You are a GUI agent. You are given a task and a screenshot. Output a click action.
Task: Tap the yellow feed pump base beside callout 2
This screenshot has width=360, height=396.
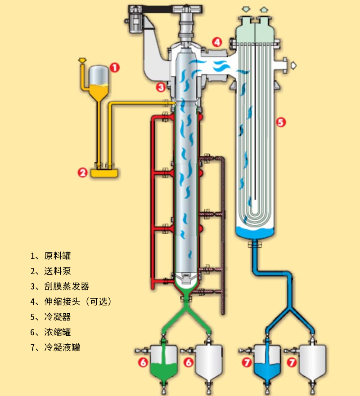pyautogui.click(x=105, y=172)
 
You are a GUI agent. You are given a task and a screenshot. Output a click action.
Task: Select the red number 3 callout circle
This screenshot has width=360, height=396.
pyautogui.click(x=161, y=87)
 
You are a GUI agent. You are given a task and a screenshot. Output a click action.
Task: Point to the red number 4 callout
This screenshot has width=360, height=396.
pyautogui.click(x=217, y=42)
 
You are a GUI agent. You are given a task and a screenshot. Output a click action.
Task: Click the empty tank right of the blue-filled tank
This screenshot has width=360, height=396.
pyautogui.click(x=311, y=362)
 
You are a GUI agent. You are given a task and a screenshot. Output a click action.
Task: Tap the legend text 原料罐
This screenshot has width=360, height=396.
pyautogui.click(x=58, y=256)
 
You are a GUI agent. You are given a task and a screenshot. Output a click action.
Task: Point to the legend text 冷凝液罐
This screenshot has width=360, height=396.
pyautogui.click(x=62, y=347)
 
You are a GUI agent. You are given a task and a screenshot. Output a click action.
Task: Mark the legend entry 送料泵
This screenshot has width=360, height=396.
pyautogui.click(x=58, y=271)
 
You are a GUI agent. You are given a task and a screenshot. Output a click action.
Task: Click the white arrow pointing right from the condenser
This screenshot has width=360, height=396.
pyautogui.click(x=292, y=66)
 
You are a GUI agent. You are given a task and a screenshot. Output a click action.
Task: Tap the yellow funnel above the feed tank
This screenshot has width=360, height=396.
pyautogui.click(x=82, y=60)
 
